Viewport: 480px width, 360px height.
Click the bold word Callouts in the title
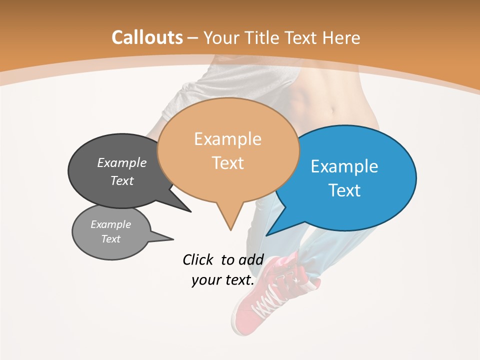click(x=147, y=37)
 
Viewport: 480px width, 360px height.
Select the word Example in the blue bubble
click(x=344, y=166)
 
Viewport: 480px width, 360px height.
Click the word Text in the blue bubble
click(x=344, y=190)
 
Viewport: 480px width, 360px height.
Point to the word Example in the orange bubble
click(x=227, y=139)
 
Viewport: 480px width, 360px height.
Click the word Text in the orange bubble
click(x=228, y=163)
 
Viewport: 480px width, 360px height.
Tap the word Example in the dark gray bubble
click(x=122, y=162)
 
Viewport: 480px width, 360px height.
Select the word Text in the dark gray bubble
click(x=122, y=180)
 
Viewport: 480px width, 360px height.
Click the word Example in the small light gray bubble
click(x=110, y=224)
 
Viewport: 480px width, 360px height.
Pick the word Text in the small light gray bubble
click(x=110, y=239)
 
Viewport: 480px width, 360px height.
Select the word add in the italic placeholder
click(x=251, y=259)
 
